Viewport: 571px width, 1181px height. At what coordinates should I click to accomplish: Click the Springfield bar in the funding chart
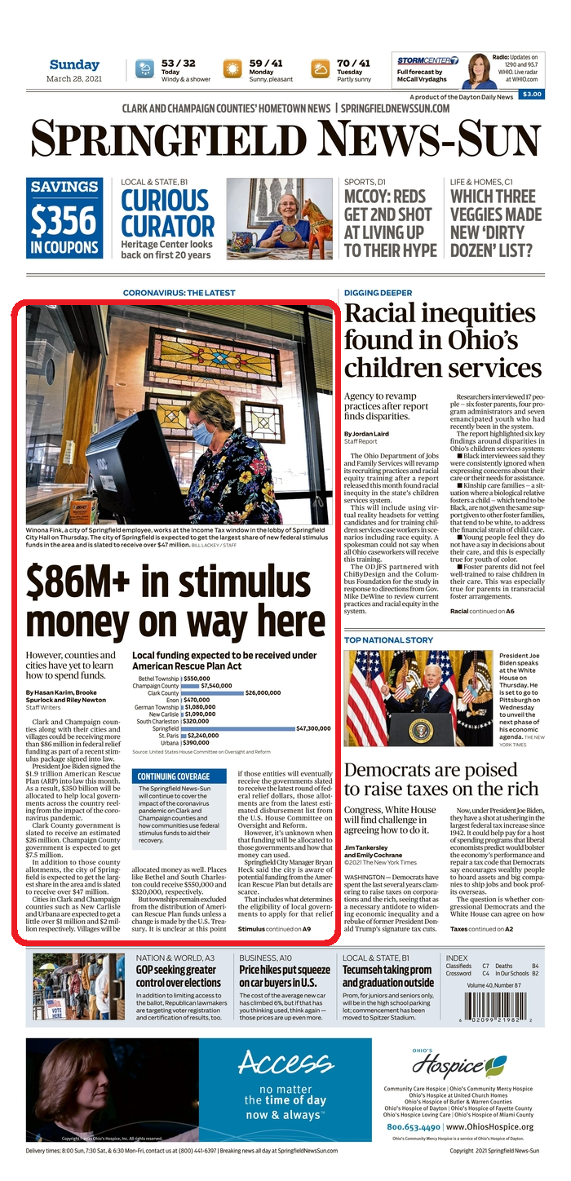[x=236, y=728]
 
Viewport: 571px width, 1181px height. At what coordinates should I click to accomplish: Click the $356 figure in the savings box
[x=64, y=218]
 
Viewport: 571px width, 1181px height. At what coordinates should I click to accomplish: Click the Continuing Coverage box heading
[x=173, y=776]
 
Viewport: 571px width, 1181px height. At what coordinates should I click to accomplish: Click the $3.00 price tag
[x=532, y=95]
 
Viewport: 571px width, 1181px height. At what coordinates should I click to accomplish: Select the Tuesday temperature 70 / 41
[x=353, y=63]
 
